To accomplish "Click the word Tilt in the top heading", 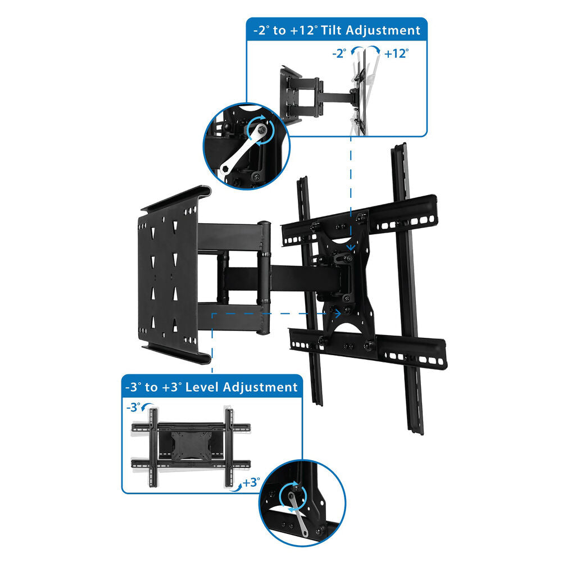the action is (332, 30).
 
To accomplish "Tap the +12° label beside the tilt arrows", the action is (396, 53).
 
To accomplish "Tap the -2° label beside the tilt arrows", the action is (339, 53).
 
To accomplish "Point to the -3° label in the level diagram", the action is (133, 407).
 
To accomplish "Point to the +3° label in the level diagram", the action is (251, 482).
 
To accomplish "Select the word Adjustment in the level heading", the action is (260, 388).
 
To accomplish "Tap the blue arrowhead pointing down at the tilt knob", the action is (351, 247).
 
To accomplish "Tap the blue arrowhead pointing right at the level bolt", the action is (337, 314).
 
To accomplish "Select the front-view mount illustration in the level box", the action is (191, 448).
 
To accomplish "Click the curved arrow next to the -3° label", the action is (147, 407).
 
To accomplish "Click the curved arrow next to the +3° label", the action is (235, 487).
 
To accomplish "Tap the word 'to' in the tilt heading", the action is (279, 30).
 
